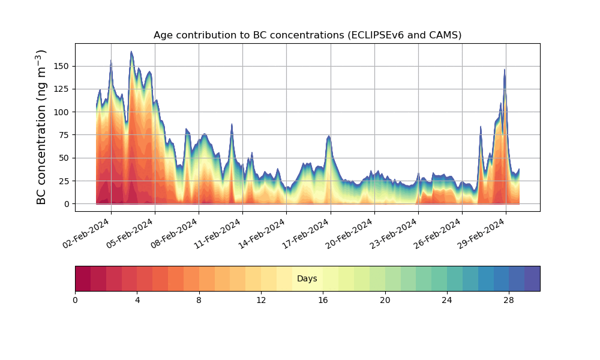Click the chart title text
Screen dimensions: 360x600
(x=307, y=35)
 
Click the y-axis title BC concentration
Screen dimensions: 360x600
(x=41, y=127)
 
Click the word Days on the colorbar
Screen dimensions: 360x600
(x=307, y=279)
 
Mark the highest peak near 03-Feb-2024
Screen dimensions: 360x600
(x=131, y=52)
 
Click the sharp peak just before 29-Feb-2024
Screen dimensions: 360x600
(x=505, y=70)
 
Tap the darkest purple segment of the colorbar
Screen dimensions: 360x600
(x=532, y=278)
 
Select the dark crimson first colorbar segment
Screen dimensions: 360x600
(x=83, y=278)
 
